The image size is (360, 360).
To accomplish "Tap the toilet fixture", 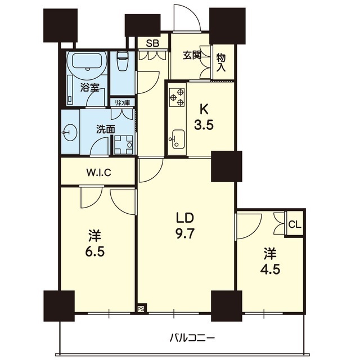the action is [122, 61].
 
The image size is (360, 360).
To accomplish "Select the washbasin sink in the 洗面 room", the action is [70, 132].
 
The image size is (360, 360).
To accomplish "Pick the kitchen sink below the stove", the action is [176, 138].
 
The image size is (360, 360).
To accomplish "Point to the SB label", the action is [152, 43].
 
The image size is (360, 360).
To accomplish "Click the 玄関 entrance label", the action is [192, 55].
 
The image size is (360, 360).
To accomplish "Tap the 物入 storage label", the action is [221, 63].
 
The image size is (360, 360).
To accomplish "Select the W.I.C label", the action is [99, 173].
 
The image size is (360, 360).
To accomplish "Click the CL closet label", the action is [295, 224].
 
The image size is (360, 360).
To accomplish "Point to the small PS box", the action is [141, 309].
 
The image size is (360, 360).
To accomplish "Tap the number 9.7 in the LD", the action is [185, 235].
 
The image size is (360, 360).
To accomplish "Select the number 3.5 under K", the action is [204, 125].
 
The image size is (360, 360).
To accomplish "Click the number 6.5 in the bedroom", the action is [95, 252].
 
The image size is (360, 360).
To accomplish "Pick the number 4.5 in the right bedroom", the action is [270, 269].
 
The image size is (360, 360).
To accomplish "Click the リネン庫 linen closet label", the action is [122, 102].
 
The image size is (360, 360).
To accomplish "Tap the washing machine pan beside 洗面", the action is [124, 145].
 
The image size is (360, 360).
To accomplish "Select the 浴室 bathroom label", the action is [89, 87].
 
